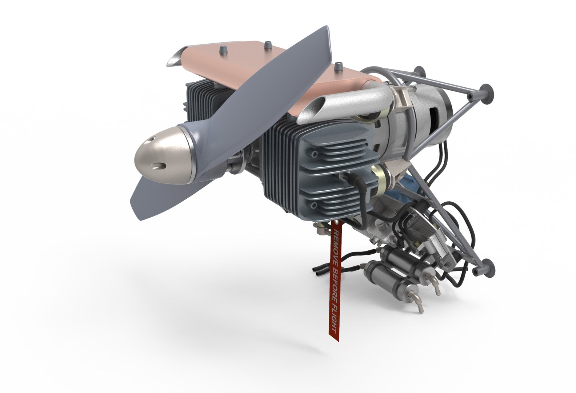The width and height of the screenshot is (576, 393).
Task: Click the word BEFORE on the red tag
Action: (332, 284)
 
